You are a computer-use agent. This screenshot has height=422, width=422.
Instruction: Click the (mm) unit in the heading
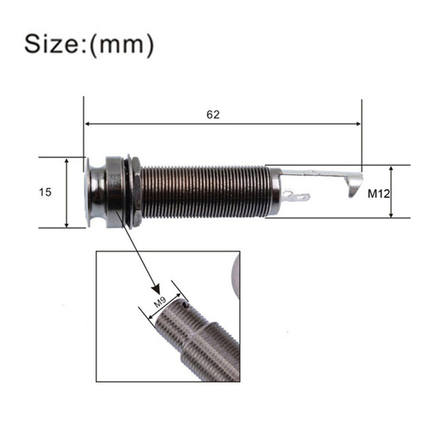(122, 45)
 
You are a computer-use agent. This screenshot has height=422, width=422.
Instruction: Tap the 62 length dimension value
(213, 115)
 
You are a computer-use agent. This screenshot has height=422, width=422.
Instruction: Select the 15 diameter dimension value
(45, 192)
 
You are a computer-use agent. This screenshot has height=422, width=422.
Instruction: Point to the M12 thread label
(378, 193)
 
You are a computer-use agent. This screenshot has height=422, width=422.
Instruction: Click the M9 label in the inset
(160, 302)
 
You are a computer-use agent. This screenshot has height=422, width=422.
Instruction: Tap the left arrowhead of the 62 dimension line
(87, 124)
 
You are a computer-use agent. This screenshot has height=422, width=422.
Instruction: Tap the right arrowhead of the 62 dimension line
(358, 124)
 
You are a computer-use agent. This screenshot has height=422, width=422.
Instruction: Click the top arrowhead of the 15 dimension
(67, 161)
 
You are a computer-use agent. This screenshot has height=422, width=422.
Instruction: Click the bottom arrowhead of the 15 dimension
(67, 224)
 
